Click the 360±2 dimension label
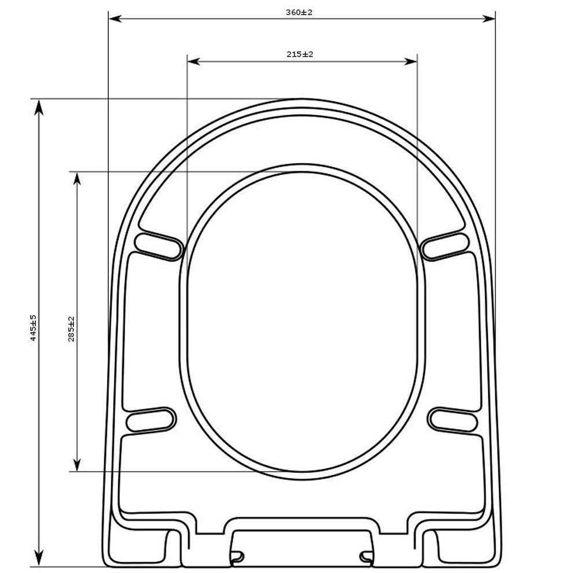coord(299,12)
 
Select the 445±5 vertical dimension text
coord(33,328)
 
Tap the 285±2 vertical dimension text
coord(72,329)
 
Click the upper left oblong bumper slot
coord(157,245)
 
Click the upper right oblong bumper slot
coord(445,245)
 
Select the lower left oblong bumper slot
coord(150,420)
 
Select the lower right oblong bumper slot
coord(453,420)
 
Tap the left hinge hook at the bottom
coord(237,557)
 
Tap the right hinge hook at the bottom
coord(366,557)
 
